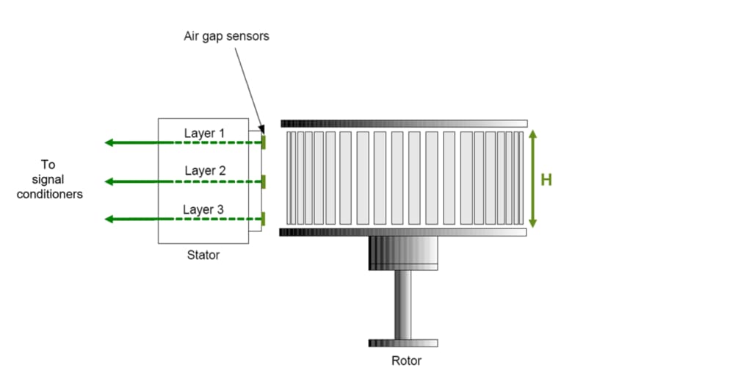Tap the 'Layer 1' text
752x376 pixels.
[205, 133]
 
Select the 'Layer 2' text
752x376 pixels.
[205, 171]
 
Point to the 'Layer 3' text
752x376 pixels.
[203, 210]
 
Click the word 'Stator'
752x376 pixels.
[203, 256]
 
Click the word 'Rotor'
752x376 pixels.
[406, 361]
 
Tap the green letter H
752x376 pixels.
[546, 180]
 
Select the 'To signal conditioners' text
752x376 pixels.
[49, 180]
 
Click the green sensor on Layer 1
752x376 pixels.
[263, 142]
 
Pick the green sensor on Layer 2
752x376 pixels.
[263, 181]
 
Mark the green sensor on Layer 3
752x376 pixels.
[263, 219]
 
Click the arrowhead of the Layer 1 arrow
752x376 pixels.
[109, 142]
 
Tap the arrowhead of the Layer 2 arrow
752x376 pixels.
[109, 181]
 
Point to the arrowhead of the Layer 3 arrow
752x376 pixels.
[109, 219]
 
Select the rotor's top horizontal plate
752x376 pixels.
[403, 123]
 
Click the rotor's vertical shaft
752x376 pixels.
[403, 304]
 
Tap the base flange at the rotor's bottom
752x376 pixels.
[403, 343]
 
